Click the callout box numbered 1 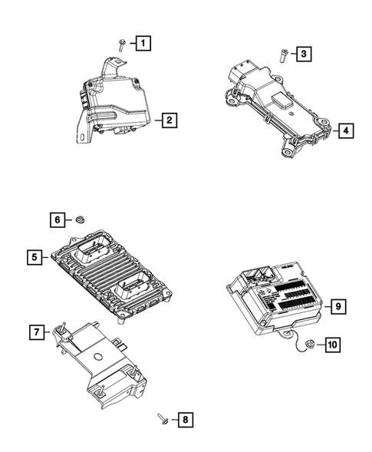pos(144,44)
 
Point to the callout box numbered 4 pos(345,130)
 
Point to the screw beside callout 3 pos(281,54)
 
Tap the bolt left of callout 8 pos(162,418)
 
